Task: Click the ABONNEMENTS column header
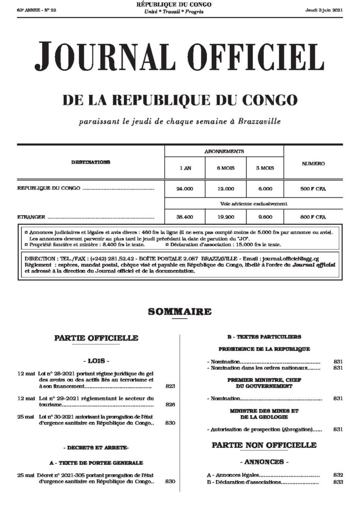click(224, 151)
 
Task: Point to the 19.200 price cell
click(225, 217)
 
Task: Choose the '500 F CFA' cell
click(313, 189)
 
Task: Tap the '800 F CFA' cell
click(313, 217)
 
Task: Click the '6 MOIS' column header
click(225, 168)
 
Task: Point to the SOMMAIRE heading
click(180, 312)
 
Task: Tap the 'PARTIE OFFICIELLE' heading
click(96, 338)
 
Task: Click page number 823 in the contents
click(171, 386)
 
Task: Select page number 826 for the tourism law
click(171, 405)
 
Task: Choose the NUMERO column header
click(313, 164)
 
